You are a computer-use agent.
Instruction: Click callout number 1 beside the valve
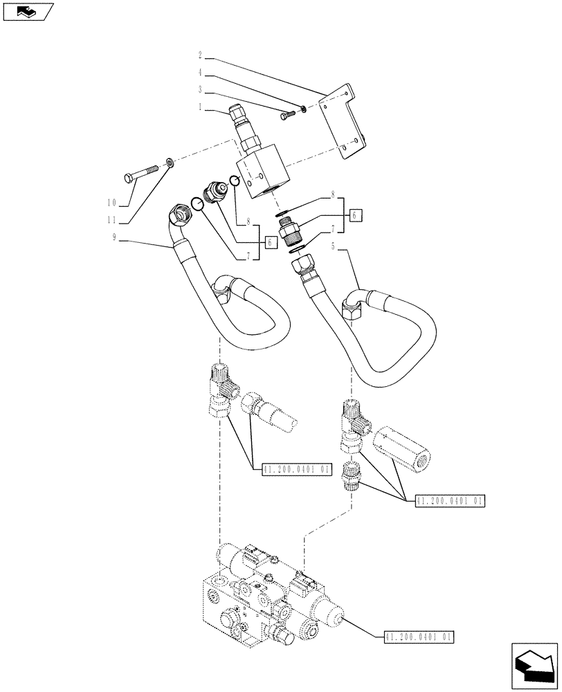coord(200,107)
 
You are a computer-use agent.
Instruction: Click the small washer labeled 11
coord(169,163)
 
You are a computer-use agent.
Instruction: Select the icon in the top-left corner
coord(28,12)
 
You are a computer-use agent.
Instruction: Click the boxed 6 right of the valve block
coord(354,215)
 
